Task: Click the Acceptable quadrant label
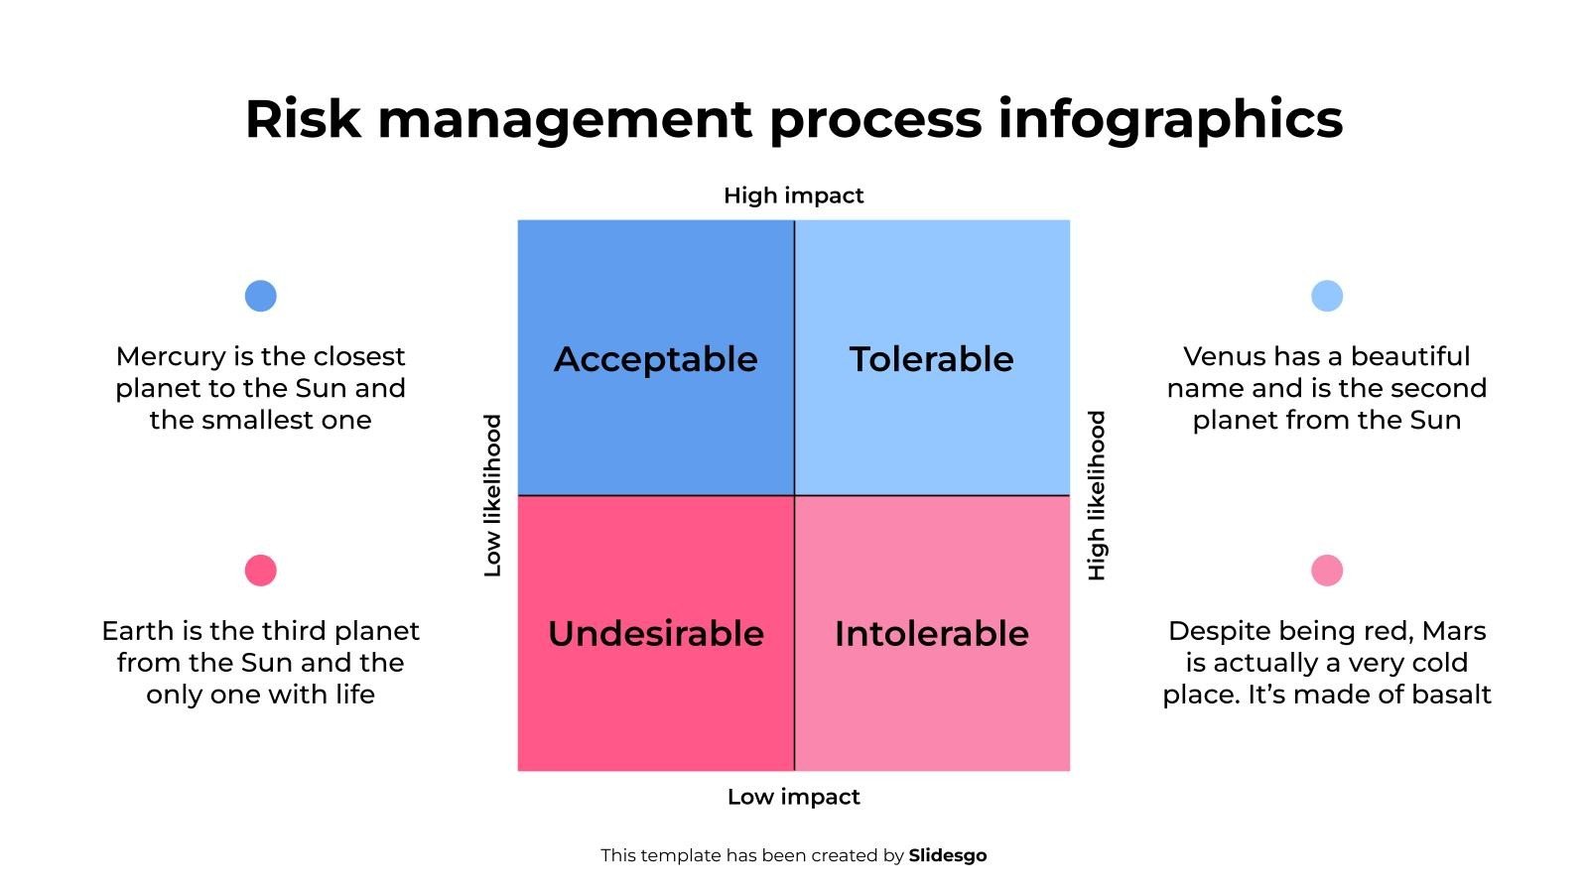click(x=656, y=359)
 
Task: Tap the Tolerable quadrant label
click(x=932, y=358)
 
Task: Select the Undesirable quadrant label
click(x=656, y=633)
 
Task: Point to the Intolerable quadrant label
click(x=932, y=633)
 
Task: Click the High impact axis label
click(x=793, y=195)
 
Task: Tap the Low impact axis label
click(x=793, y=797)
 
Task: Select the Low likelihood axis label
click(x=492, y=495)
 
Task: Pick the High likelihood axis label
click(x=1096, y=495)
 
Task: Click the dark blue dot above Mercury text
click(x=260, y=296)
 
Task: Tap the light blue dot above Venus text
click(x=1326, y=296)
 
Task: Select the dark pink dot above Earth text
click(x=260, y=571)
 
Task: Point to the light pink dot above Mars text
click(x=1326, y=571)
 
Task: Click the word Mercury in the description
click(x=171, y=357)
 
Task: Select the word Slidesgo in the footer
click(x=947, y=855)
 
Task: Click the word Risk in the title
click(x=303, y=119)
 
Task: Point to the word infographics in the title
click(x=1170, y=120)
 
